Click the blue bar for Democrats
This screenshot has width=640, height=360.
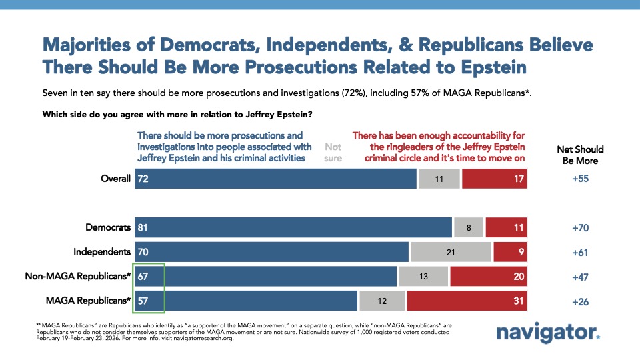pos(293,227)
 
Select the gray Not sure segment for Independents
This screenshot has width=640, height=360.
pos(451,252)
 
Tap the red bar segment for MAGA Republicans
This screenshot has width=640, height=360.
pos(467,301)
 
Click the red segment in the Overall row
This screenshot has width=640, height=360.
pos(494,179)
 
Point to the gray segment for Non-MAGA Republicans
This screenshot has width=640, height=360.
pos(423,277)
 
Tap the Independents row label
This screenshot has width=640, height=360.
pos(102,252)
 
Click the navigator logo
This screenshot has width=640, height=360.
pos(548,334)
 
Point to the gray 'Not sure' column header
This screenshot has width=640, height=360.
pos(333,151)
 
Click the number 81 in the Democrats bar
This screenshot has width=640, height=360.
pos(143,227)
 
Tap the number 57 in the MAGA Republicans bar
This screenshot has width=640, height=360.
pos(143,301)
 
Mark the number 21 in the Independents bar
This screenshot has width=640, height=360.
pos(451,252)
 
